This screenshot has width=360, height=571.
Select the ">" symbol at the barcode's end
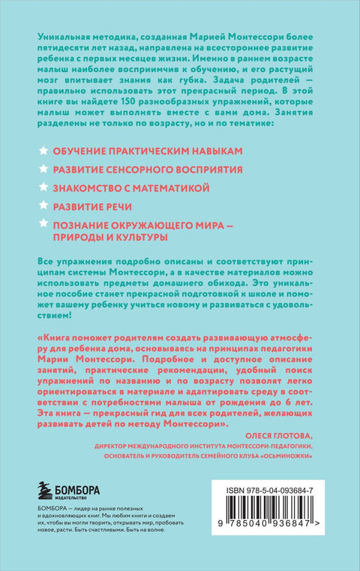[x=324, y=539]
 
